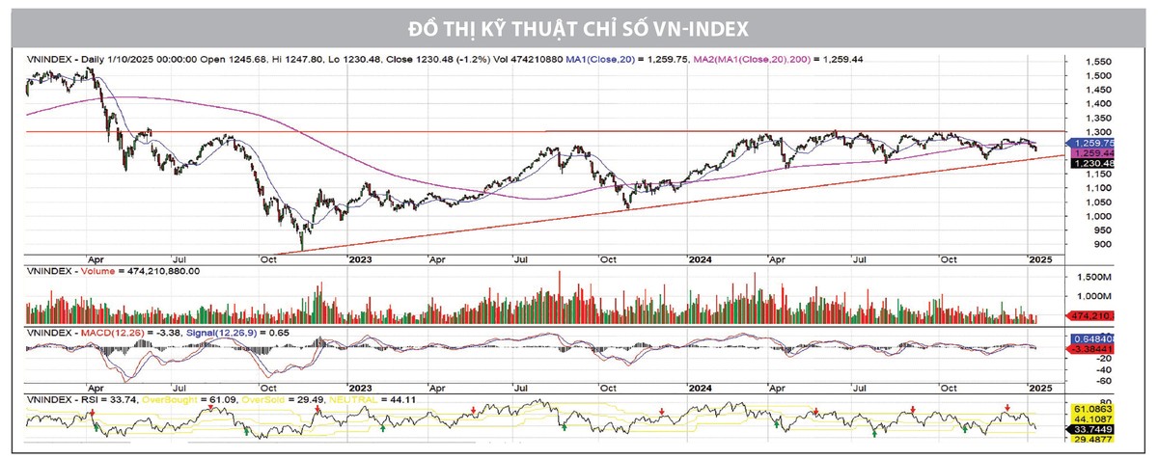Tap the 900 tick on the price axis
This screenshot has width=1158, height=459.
(x=1086, y=244)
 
